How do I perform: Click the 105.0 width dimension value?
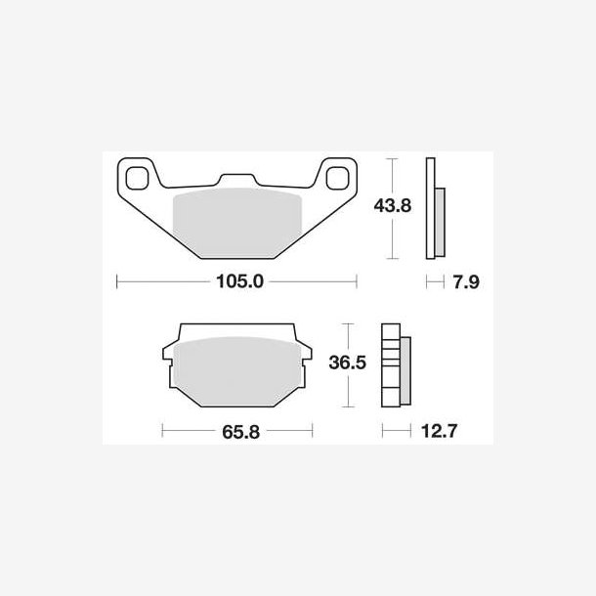coord(239,281)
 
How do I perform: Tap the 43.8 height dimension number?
coord(392,205)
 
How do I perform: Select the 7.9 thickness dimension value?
coord(466,282)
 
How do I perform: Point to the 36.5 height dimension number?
coord(348,362)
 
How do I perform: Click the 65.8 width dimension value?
coord(241,432)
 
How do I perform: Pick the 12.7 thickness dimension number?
coord(439,431)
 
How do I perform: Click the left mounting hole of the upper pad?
coord(137,178)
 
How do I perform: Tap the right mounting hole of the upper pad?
coord(337,178)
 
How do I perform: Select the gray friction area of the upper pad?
coord(237,223)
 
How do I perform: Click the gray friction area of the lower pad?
coord(237,371)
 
